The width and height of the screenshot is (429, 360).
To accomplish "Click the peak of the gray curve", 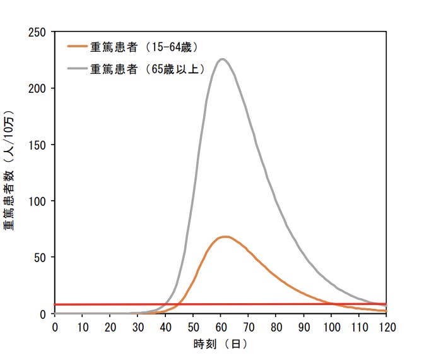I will [221, 59].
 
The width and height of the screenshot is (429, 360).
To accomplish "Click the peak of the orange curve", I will [225, 237].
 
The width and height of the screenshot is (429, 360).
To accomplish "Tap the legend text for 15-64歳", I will [145, 46].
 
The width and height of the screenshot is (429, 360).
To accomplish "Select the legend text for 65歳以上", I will [148, 69].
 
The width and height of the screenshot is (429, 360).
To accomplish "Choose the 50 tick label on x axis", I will [193, 327].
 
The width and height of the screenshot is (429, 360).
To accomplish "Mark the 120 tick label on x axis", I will [386, 327].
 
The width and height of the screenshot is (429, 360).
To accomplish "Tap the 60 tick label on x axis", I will [221, 327].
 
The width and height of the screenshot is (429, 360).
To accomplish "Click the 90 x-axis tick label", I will [303, 327].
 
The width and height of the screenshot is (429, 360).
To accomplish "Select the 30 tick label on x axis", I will [138, 327].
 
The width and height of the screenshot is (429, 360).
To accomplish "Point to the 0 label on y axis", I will [44, 314].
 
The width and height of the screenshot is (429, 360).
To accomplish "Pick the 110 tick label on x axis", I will [358, 327].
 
